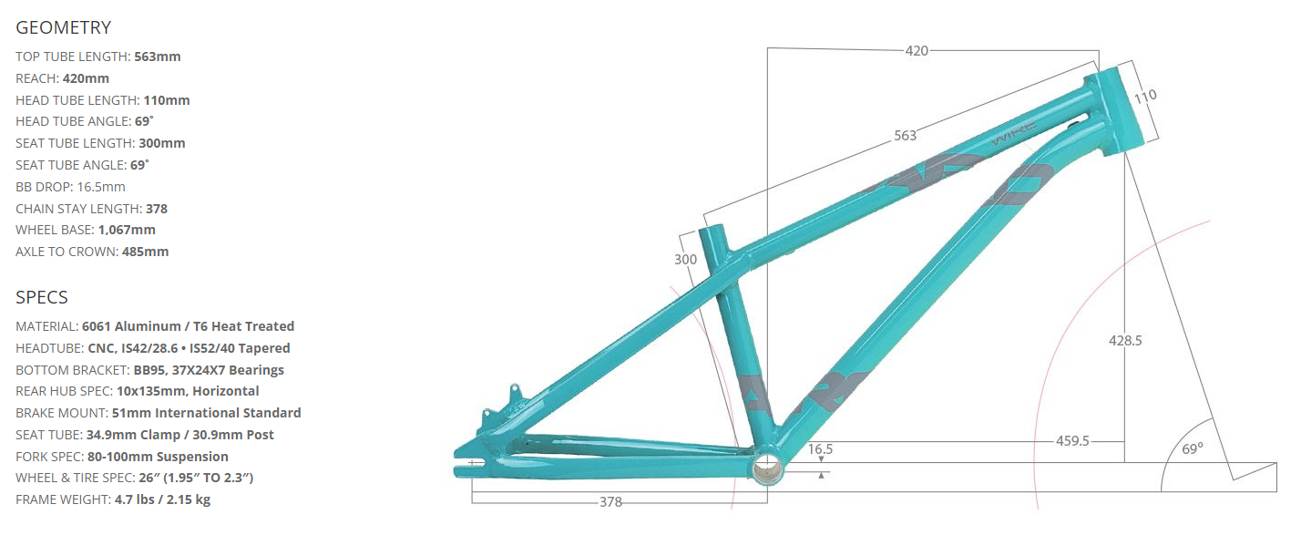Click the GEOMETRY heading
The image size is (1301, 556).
(x=64, y=27)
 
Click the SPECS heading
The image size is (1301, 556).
(x=42, y=297)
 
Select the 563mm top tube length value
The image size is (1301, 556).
(x=157, y=57)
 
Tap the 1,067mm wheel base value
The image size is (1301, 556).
(x=127, y=230)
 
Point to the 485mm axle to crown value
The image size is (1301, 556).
(x=145, y=252)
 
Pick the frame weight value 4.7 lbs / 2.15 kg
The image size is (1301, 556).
(x=162, y=499)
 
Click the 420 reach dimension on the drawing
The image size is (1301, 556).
(x=917, y=51)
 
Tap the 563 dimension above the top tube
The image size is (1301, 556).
(x=905, y=136)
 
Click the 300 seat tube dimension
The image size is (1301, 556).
(x=685, y=260)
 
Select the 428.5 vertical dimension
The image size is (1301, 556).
(x=1124, y=341)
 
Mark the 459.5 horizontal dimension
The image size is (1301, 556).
(x=1072, y=441)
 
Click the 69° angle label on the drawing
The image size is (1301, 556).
(x=1193, y=448)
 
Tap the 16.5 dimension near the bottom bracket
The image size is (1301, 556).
(x=820, y=449)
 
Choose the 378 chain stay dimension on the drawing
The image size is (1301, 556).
(x=610, y=502)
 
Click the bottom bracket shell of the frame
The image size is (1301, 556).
(x=767, y=466)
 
